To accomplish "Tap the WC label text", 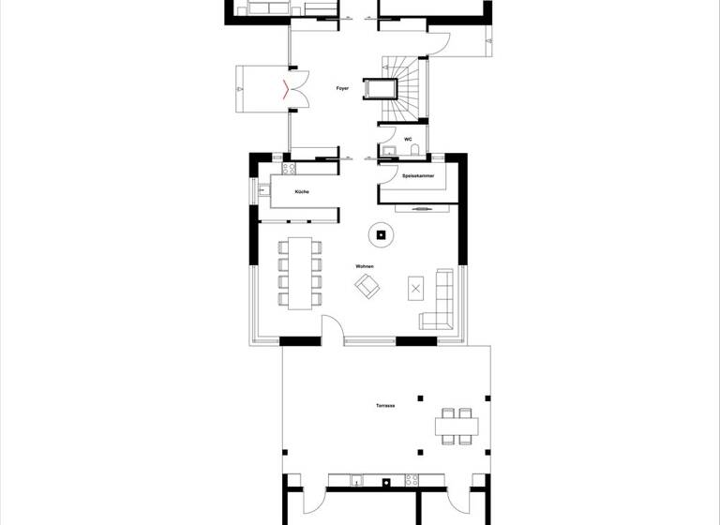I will (409, 139).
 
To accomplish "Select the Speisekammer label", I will (417, 175).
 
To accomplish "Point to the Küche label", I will (301, 191).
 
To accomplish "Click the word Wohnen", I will (364, 267).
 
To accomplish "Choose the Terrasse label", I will (382, 406).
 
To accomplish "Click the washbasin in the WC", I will (387, 151).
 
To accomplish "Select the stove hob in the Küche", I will (289, 170).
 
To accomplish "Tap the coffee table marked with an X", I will (415, 287).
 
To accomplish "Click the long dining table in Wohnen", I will (300, 272).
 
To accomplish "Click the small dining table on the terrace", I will (457, 427).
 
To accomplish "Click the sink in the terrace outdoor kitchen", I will (356, 482).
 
